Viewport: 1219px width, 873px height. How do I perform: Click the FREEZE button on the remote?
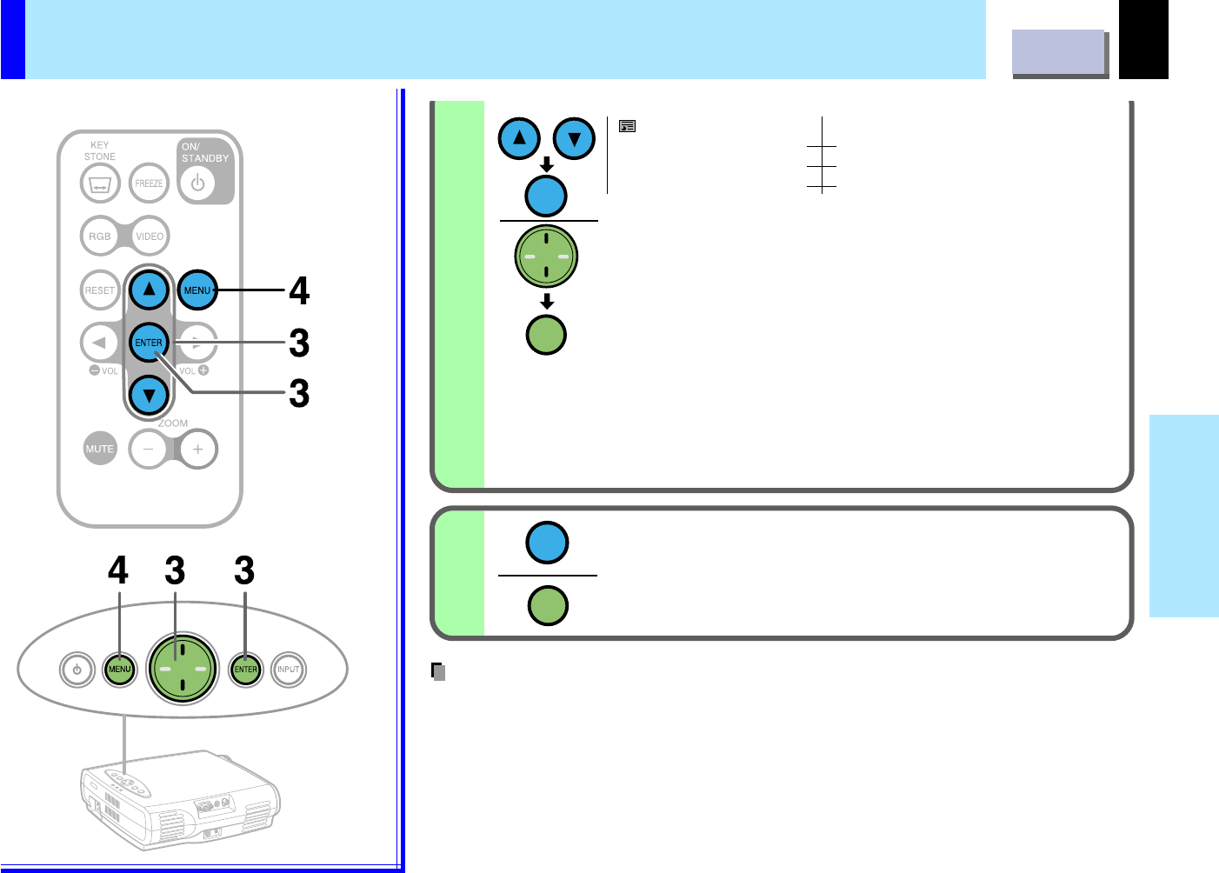[x=149, y=183]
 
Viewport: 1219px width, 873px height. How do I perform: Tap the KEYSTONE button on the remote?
[x=99, y=184]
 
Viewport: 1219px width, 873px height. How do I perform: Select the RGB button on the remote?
[x=100, y=237]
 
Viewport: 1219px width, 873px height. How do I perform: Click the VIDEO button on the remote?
[x=150, y=237]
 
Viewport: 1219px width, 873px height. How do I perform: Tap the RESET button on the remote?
[x=100, y=290]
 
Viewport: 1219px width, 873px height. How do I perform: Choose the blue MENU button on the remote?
[x=197, y=290]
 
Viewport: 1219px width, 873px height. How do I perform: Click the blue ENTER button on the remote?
[x=149, y=343]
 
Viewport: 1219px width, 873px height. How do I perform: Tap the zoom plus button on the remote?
[x=198, y=450]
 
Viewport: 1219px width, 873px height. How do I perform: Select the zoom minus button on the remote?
[x=149, y=450]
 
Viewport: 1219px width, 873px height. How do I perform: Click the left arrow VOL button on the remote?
[x=99, y=343]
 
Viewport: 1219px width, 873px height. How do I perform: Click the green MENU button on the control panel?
[x=119, y=670]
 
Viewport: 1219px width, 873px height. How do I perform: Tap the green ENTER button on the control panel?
[x=246, y=670]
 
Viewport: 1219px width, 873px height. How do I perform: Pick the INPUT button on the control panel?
[x=288, y=670]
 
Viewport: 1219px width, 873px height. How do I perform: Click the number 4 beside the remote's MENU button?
[x=299, y=291]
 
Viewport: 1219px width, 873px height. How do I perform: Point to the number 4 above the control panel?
[x=117, y=571]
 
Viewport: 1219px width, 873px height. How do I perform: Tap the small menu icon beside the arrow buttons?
[x=627, y=127]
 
